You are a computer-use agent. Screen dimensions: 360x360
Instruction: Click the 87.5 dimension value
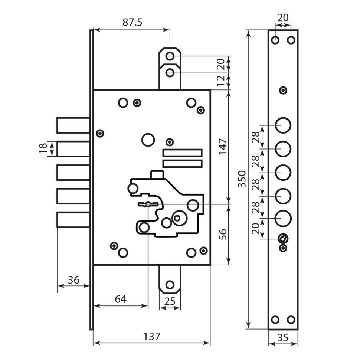pyautogui.click(x=132, y=23)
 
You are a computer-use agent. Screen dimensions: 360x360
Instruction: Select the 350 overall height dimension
pyautogui.click(x=242, y=180)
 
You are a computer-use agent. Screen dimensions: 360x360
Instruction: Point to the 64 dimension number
pyautogui.click(x=120, y=299)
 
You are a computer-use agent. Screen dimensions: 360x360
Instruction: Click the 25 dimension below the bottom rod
pyautogui.click(x=170, y=301)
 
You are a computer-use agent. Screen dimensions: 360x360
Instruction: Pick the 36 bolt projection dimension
pyautogui.click(x=73, y=280)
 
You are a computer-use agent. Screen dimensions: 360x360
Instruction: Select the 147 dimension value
pyautogui.click(x=223, y=147)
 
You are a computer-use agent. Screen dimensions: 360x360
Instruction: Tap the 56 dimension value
pyautogui.click(x=223, y=235)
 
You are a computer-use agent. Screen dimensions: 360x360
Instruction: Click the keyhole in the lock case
pyautogui.click(x=148, y=204)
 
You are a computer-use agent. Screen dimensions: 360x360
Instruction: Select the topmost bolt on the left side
pyautogui.click(x=73, y=125)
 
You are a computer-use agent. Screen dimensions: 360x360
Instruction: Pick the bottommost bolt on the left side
pyautogui.click(x=73, y=219)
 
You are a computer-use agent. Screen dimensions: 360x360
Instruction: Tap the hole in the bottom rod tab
pyautogui.click(x=170, y=285)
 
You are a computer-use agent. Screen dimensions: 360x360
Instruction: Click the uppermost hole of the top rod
pyautogui.click(x=170, y=56)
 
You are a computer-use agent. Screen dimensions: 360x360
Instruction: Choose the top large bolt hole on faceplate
pyautogui.click(x=283, y=125)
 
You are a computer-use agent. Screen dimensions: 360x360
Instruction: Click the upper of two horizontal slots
pyautogui.click(x=182, y=153)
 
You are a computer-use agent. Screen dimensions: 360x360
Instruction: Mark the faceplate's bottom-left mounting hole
pyautogui.click(x=275, y=320)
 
